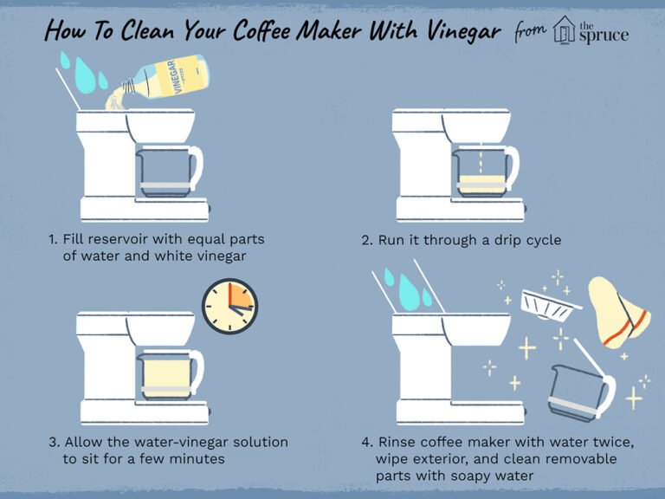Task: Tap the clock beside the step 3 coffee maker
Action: click(229, 307)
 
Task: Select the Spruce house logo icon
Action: click(565, 29)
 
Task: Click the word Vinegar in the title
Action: click(463, 31)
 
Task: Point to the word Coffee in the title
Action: click(262, 30)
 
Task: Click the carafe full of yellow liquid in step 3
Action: click(170, 375)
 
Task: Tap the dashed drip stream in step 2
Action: click(481, 159)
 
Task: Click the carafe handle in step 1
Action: click(196, 167)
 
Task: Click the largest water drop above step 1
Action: click(85, 75)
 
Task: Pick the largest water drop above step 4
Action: click(409, 292)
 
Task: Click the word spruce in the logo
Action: click(604, 36)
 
